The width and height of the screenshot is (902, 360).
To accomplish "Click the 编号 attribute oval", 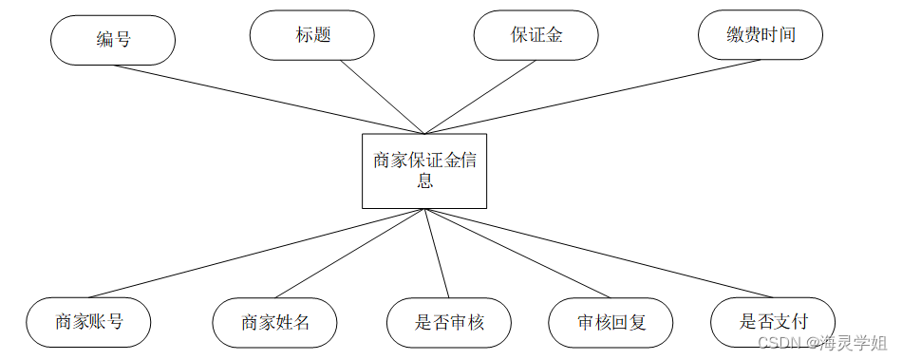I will (113, 39).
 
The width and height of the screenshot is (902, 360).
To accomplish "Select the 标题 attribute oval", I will (312, 35).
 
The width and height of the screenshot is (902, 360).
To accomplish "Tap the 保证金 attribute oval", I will (536, 36).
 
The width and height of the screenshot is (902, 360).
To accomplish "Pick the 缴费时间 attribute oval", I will (760, 36).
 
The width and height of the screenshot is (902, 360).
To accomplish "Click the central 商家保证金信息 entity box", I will (424, 171).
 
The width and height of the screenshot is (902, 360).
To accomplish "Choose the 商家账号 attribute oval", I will (89, 321).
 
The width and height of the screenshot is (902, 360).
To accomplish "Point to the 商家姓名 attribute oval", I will (275, 322).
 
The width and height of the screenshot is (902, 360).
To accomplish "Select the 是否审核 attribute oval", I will (449, 322).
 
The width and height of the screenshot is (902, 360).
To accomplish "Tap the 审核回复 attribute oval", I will (611, 322).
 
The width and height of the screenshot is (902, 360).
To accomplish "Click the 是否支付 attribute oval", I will (773, 321).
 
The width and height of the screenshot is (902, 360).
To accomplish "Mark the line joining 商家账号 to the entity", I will (256, 253).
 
